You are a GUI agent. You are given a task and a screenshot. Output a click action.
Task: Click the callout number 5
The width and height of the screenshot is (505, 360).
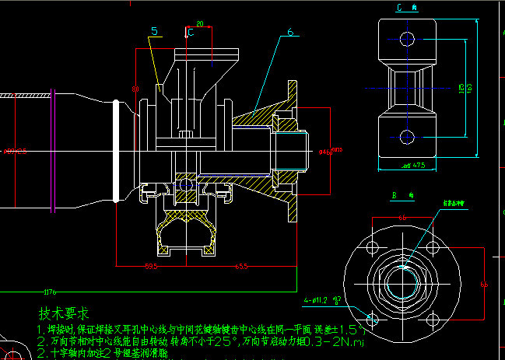[x=155, y=31]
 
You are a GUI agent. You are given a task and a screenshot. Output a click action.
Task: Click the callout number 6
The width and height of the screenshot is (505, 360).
[x=290, y=32]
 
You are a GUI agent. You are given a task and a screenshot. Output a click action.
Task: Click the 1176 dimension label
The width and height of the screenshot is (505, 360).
[x=51, y=292]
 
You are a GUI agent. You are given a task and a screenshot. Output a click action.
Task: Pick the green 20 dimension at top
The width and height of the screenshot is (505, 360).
[x=200, y=25]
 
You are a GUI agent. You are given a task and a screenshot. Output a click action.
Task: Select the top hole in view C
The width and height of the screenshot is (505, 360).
[x=405, y=37]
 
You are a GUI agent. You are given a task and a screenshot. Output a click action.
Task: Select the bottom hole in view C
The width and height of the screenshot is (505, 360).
[x=405, y=138]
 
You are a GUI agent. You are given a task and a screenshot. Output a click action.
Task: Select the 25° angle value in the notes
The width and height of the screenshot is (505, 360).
[x=225, y=341]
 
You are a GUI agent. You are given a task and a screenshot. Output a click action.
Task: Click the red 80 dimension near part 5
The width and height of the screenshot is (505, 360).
[x=135, y=89]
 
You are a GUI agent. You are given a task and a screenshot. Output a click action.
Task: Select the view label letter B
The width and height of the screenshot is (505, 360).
[x=395, y=194]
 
